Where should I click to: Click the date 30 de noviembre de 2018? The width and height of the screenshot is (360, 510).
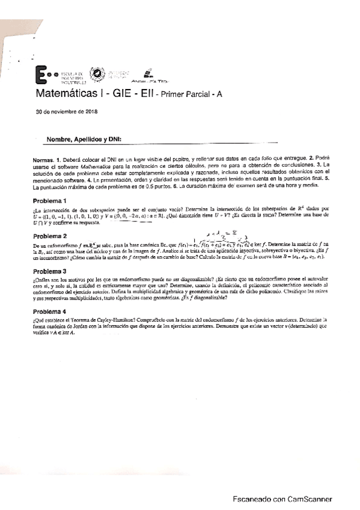click(x=67, y=112)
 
